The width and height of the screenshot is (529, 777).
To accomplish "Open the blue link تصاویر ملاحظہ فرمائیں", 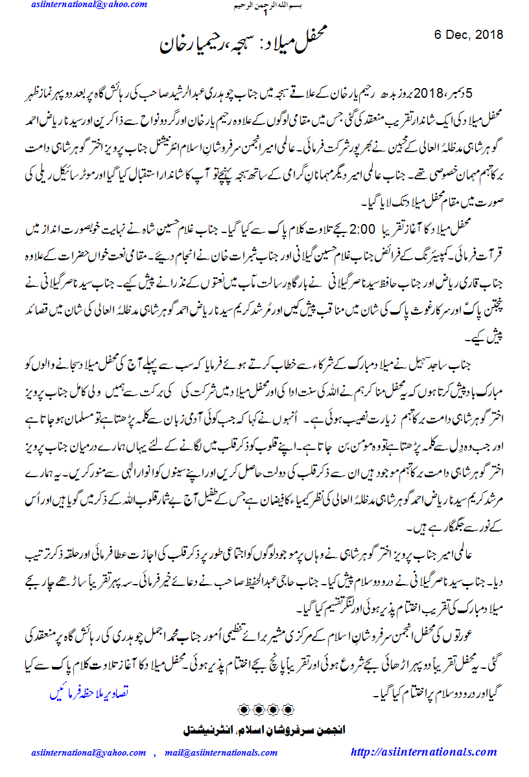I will (84, 692).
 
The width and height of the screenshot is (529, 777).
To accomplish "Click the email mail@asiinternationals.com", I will (220, 752).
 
